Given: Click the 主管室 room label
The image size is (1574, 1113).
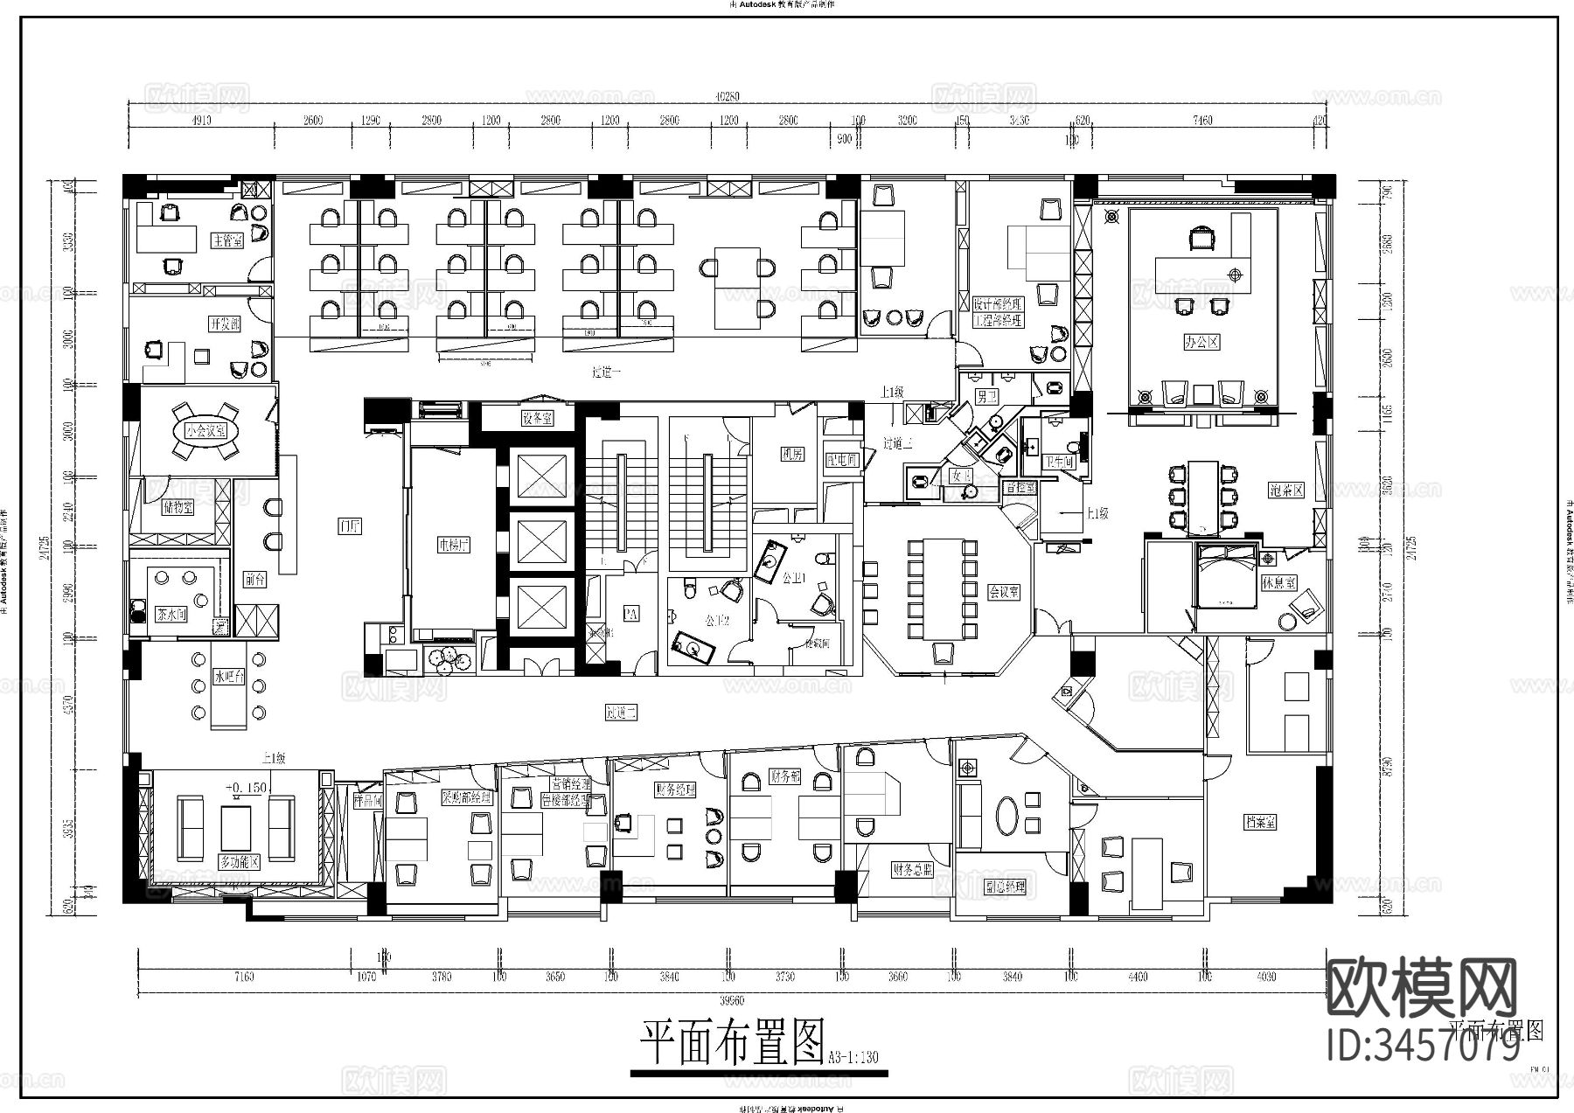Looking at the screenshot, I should coord(226,240).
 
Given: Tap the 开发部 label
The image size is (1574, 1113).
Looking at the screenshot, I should coord(225,324).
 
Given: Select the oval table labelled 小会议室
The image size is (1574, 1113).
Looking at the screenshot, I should coord(205,430).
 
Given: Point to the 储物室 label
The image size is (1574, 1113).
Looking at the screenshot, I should coord(178,507).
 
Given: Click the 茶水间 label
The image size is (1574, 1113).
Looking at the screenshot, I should coord(171,614).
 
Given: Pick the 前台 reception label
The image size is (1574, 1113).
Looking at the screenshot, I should coord(254,579).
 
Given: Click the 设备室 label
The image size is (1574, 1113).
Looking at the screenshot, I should coord(537,419).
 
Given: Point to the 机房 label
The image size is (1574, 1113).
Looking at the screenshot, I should coord(792,455).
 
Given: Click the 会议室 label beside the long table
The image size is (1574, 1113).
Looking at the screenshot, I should coord(1003,591).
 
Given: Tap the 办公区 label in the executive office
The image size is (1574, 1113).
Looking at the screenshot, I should coord(1201,342).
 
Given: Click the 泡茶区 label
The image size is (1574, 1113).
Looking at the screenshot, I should coord(1286,491).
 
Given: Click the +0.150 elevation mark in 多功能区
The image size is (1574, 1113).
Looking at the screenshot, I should coord(246,788).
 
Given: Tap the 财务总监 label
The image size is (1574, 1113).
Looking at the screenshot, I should coord(912,869).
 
